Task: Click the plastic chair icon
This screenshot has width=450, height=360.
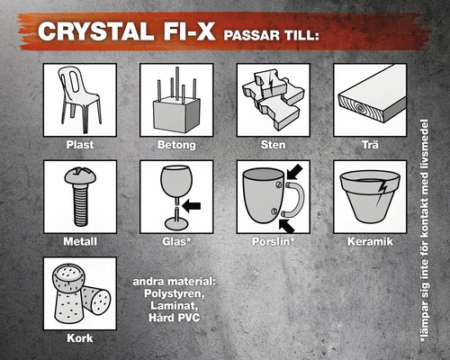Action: coord(79,98)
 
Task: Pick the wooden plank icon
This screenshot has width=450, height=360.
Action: coord(370,99)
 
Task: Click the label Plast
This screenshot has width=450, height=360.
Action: coord(79,143)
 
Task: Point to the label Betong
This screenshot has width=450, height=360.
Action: coord(176,143)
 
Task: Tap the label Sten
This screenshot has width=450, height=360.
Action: coord(273,143)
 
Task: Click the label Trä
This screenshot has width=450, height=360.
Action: coord(370,143)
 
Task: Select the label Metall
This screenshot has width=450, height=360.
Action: coord(79,241)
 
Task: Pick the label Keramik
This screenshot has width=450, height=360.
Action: coord(370,241)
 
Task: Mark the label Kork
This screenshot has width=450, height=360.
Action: coord(79,338)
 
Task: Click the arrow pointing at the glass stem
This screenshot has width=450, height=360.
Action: coord(192,205)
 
